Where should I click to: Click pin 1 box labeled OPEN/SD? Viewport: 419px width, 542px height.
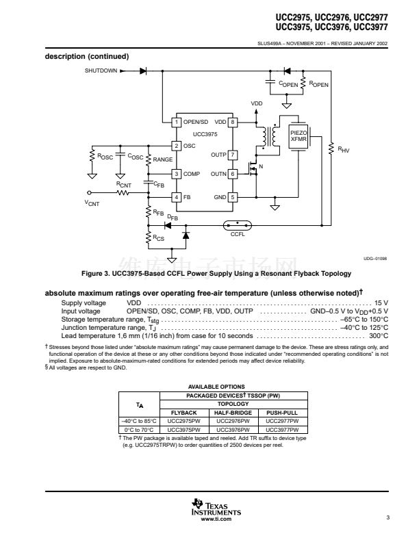[176, 122]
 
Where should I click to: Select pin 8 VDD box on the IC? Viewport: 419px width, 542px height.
[233, 122]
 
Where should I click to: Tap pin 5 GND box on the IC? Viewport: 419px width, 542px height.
[233, 197]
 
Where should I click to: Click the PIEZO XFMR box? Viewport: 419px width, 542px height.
[299, 136]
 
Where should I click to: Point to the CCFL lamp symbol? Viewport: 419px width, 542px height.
[237, 224]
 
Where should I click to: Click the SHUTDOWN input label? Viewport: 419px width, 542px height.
[101, 70]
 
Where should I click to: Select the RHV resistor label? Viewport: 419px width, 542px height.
[344, 149]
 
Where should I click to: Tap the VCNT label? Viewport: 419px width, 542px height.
[92, 203]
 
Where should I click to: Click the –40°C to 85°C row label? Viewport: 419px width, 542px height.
[139, 421]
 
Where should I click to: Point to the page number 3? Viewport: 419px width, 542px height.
[388, 517]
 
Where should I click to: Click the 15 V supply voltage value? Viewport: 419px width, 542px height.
[381, 302]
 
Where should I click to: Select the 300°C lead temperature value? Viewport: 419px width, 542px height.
[379, 336]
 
